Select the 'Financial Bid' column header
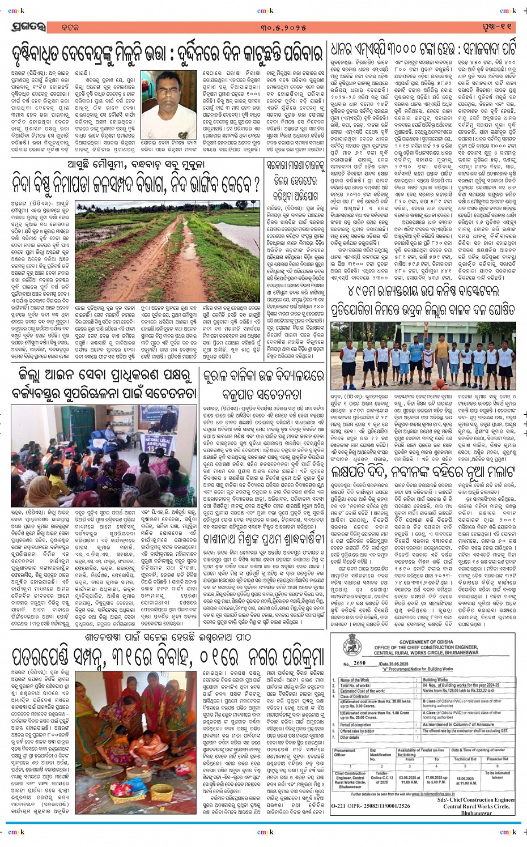click(x=498, y=759)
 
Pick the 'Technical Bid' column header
click(x=465, y=759)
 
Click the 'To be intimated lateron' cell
click(x=498, y=775)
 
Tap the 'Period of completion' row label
click(x=356, y=725)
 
